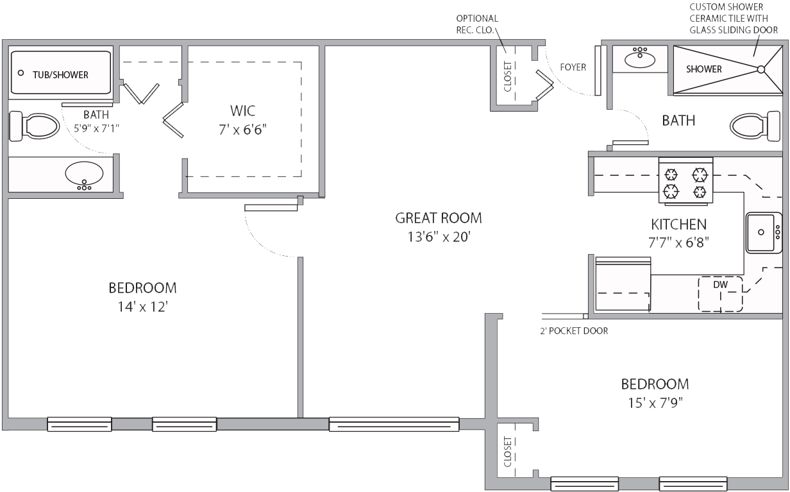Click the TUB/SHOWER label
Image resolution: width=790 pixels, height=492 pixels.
[x=60, y=75]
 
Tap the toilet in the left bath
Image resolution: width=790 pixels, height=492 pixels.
[x=34, y=126]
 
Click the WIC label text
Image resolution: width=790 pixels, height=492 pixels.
[x=242, y=111]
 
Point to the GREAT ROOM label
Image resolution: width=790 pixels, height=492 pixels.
[x=439, y=218]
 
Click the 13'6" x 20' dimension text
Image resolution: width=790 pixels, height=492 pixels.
[x=439, y=237]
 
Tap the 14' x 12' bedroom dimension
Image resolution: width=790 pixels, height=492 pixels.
[x=142, y=307]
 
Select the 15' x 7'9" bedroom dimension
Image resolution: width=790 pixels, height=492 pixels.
[x=655, y=403]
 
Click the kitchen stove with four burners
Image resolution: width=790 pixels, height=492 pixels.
[x=685, y=181]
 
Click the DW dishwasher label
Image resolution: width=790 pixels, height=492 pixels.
[x=720, y=285]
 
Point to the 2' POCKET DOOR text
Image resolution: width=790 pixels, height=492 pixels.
[x=574, y=331]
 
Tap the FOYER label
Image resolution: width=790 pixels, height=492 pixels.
[x=573, y=67]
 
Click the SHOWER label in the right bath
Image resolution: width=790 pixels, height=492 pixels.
[x=704, y=69]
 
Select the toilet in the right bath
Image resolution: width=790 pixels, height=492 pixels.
[x=755, y=126]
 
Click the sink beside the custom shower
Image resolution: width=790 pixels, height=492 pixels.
[x=640, y=58]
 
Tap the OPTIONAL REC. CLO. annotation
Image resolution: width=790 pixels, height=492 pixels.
[x=477, y=24]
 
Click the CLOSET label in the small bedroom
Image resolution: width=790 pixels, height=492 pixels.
[x=507, y=452]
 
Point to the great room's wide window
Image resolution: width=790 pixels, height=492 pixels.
[x=394, y=424]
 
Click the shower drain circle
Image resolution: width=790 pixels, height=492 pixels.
[x=761, y=69]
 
